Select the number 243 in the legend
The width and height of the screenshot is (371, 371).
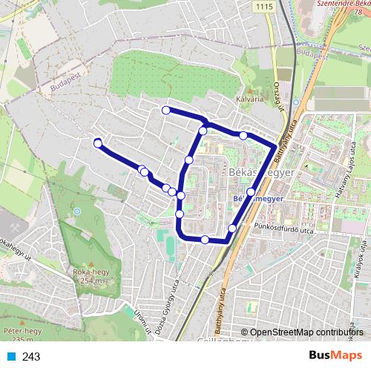pyautogui.click(x=31, y=356)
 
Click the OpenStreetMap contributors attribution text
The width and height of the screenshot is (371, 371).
pyautogui.click(x=306, y=332)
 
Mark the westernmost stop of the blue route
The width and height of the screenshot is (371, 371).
pyautogui.click(x=97, y=142)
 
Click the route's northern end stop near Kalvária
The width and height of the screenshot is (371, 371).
pyautogui.click(x=165, y=111)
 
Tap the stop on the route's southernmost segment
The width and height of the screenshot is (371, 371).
pyautogui.click(x=205, y=239)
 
